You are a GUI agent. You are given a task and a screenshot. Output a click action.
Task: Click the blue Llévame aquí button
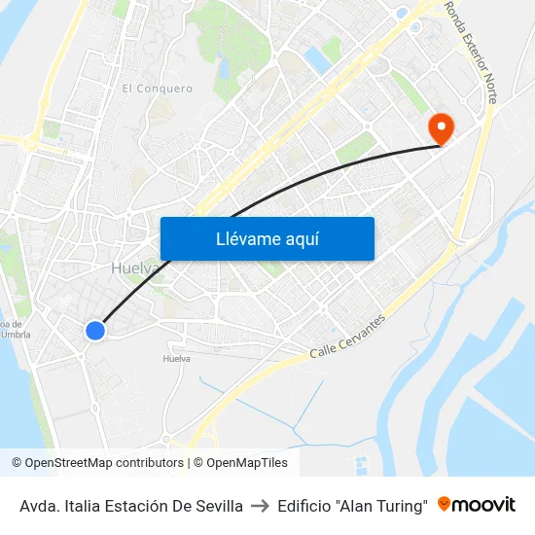point(267,238)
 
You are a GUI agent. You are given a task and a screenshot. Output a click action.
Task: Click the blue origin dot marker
point(94,331)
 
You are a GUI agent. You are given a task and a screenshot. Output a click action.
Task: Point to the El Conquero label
point(157,89)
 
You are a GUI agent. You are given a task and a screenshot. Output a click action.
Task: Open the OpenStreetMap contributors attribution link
point(103,463)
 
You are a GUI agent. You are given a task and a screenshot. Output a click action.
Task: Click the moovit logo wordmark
point(483,505)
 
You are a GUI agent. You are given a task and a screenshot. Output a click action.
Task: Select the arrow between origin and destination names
point(260,506)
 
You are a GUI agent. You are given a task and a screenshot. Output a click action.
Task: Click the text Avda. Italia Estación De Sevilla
point(131,506)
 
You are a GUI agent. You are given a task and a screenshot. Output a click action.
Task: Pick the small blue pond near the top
point(316,58)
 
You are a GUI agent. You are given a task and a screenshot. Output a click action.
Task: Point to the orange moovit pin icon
point(445,504)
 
